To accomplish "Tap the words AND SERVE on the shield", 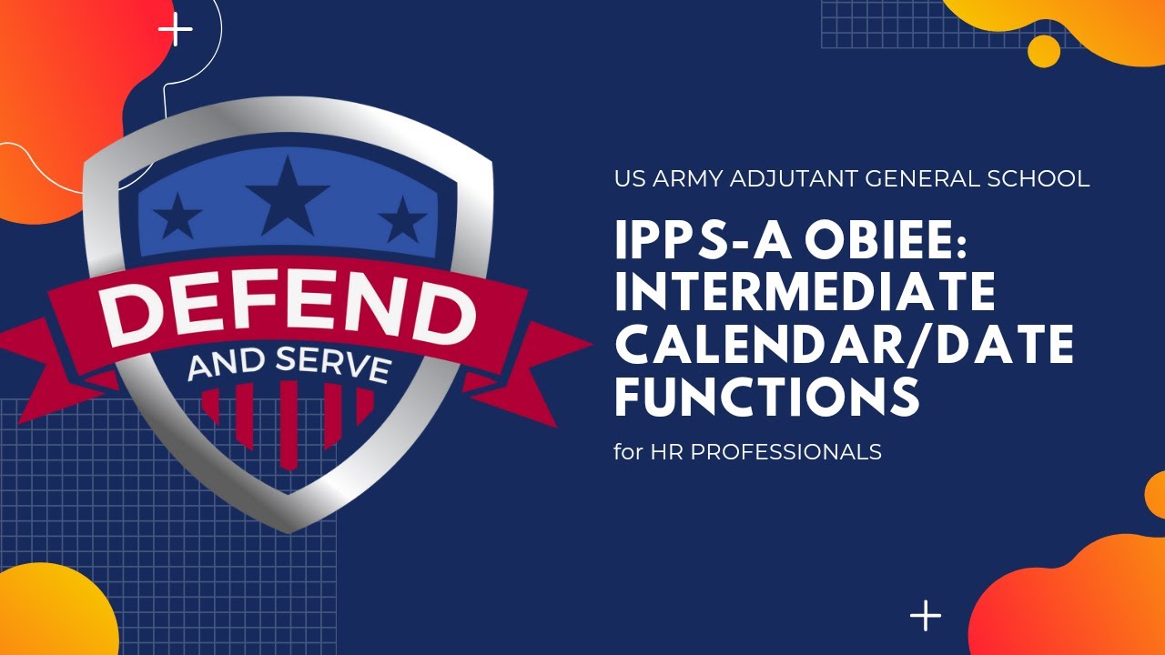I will tap(289, 362).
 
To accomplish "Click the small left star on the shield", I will tap(177, 217).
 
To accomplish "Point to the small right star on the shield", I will tap(401, 219).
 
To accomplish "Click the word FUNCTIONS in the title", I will tap(766, 397).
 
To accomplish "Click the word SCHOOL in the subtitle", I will tap(1038, 178).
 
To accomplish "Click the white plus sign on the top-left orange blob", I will tap(176, 30).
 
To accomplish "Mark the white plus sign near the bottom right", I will tap(926, 616).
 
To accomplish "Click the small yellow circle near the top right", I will tap(1044, 50).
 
